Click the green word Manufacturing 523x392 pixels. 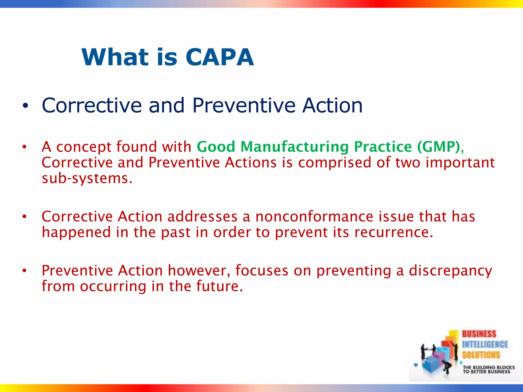[295, 147]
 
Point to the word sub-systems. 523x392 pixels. [87, 178]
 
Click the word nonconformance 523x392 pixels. [314, 217]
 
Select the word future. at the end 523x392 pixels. [219, 286]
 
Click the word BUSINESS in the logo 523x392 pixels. [479, 334]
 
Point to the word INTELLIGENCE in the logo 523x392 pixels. [485, 345]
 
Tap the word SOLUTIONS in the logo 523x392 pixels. [481, 355]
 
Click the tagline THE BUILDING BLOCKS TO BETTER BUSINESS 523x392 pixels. [488, 370]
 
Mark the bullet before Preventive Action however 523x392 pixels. [25, 271]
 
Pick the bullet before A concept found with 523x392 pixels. [25, 147]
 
